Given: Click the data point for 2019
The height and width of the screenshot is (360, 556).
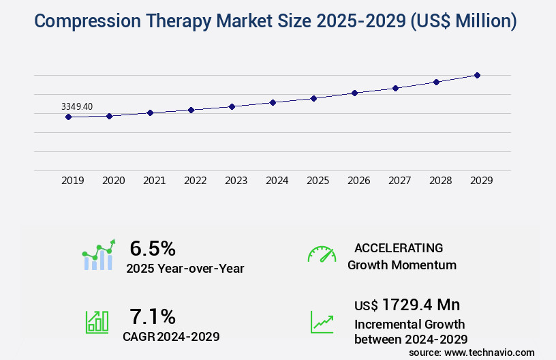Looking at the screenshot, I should coord(68,117).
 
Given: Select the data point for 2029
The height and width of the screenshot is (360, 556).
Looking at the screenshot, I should coord(477,75).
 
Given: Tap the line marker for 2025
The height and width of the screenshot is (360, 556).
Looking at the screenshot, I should coord(313,98).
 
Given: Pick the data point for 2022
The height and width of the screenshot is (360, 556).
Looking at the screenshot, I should coord(191,110).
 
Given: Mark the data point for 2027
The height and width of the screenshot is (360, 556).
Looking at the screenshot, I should coord(395,88).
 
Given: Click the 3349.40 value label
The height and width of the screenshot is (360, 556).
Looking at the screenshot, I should coord(76,106).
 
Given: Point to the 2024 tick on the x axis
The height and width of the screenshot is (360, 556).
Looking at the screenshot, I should coord(277,181).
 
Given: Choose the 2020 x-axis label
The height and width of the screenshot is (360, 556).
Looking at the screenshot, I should coord(113,181).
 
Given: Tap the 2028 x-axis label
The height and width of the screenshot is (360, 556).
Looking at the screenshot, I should coord(440,181).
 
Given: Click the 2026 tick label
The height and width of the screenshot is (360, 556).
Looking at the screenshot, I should coord(358,181).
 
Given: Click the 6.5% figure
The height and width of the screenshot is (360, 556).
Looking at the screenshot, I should coord(153,248).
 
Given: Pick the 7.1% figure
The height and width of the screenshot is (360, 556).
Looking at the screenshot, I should coord(153,316).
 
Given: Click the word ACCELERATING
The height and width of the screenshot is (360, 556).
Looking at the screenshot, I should coord(399,247).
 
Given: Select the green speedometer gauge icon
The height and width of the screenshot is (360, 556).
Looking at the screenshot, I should coord(322,254).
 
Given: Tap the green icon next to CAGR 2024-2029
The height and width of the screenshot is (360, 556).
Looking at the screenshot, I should coord(97,322).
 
